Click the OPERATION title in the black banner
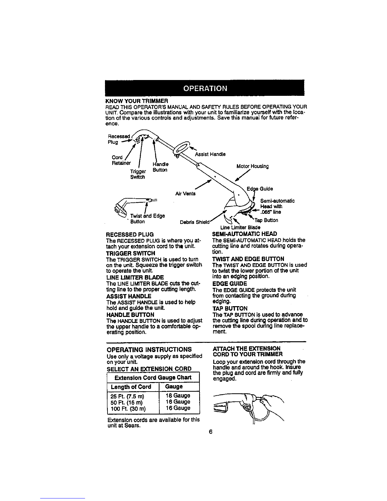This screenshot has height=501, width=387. click(x=205, y=88)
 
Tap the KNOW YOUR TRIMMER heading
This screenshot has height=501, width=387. click(x=137, y=101)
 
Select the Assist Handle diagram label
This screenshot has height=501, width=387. click(x=210, y=154)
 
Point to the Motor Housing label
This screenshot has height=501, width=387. click(x=253, y=166)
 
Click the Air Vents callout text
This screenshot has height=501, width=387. click(x=185, y=194)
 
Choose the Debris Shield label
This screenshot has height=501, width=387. click(x=195, y=222)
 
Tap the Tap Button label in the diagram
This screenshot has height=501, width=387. click(x=267, y=220)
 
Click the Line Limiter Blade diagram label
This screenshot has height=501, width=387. click(x=240, y=227)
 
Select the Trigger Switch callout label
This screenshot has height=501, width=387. click(x=138, y=174)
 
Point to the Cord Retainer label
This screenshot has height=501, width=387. click(x=121, y=160)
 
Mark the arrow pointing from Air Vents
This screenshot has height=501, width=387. click(x=203, y=185)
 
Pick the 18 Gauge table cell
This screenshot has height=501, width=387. click(x=178, y=396)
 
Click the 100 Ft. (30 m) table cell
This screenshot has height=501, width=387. click(x=128, y=409)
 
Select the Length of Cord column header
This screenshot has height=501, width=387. click(x=131, y=387)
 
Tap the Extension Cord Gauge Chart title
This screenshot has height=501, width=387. click(x=153, y=377)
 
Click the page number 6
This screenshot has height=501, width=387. click(x=211, y=432)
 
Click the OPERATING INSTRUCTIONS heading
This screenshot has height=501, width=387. click(x=149, y=349)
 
